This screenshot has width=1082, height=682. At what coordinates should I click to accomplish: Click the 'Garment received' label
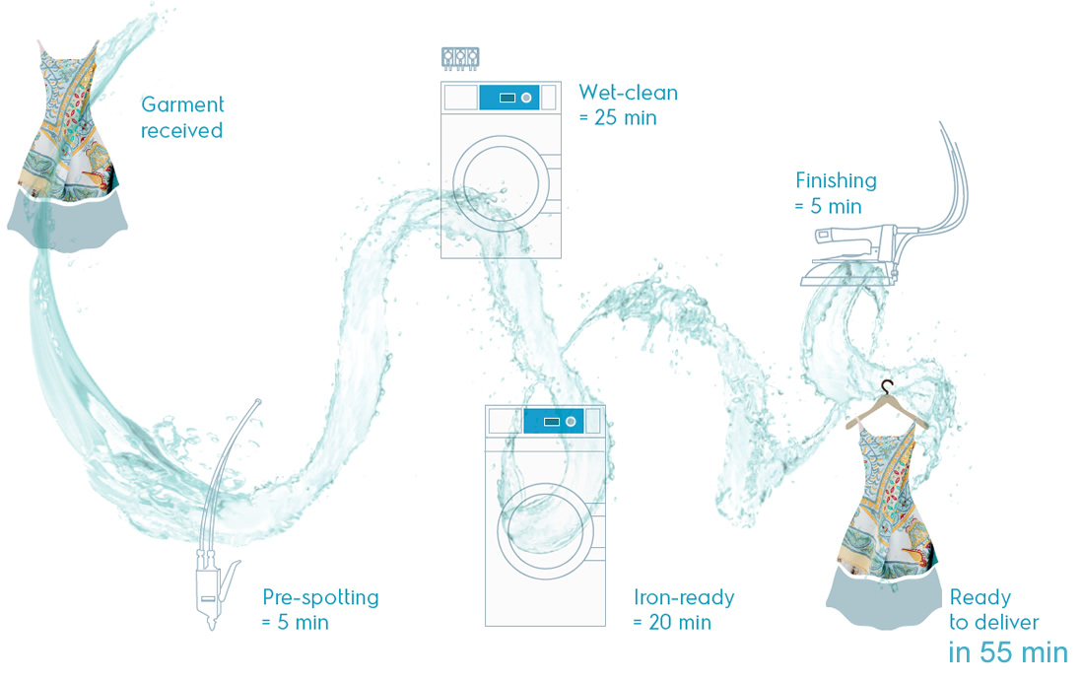click(182, 117)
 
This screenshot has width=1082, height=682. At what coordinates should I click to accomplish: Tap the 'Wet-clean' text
click(628, 93)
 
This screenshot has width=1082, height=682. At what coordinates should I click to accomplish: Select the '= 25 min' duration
click(618, 118)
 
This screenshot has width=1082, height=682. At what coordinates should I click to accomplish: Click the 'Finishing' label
click(836, 180)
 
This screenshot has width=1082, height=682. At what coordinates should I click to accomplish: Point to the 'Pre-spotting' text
click(320, 597)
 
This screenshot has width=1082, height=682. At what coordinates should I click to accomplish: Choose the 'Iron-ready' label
click(684, 597)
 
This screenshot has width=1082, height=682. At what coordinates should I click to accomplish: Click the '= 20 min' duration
click(672, 623)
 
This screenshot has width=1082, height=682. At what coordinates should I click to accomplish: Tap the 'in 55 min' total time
click(1007, 652)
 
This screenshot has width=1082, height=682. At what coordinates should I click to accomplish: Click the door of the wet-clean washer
click(501, 183)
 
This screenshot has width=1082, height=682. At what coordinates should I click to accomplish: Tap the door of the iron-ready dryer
click(545, 531)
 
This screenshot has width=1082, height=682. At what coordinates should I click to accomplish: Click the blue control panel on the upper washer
click(509, 98)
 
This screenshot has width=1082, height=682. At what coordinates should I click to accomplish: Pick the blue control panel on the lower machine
click(554, 421)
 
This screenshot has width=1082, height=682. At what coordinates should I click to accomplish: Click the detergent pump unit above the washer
click(460, 58)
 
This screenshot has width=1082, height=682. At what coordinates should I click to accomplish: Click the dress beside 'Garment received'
click(68, 145)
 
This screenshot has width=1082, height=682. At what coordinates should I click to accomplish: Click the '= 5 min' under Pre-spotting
click(296, 623)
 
